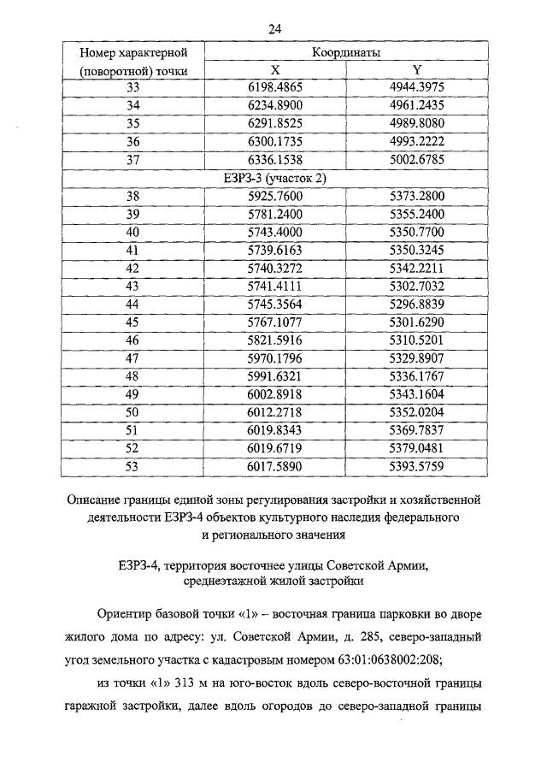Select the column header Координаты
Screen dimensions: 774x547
click(x=346, y=53)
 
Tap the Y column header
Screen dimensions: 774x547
click(x=417, y=70)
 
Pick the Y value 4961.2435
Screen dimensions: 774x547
click(x=417, y=105)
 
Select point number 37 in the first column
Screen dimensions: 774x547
click(x=132, y=159)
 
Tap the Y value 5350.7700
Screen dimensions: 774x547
click(x=417, y=231)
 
